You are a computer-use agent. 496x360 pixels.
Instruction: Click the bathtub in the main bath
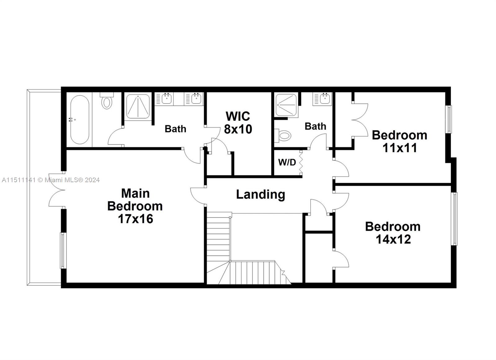click(x=79, y=120)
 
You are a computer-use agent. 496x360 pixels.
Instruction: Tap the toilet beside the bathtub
click(x=107, y=101)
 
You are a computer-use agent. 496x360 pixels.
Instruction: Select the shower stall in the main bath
click(x=138, y=106)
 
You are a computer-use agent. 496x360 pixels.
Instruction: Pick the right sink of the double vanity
click(x=196, y=99)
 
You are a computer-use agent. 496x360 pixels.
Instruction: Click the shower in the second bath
click(x=286, y=105)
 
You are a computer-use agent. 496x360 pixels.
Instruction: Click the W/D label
click(x=287, y=162)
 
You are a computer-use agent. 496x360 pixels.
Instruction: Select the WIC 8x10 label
click(x=238, y=123)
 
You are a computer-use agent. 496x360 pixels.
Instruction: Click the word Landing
click(x=260, y=195)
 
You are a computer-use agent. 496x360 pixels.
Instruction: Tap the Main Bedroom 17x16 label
click(x=135, y=206)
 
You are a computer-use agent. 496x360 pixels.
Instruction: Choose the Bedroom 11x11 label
click(x=399, y=142)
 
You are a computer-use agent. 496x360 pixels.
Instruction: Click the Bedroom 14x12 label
click(x=393, y=233)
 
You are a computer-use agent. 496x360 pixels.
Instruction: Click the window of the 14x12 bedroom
click(x=454, y=219)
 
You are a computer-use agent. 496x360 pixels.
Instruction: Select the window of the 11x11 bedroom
click(x=449, y=119)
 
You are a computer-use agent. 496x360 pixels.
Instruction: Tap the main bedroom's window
click(x=63, y=250)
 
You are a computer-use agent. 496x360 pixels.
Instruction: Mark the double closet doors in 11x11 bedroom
click(x=360, y=120)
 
